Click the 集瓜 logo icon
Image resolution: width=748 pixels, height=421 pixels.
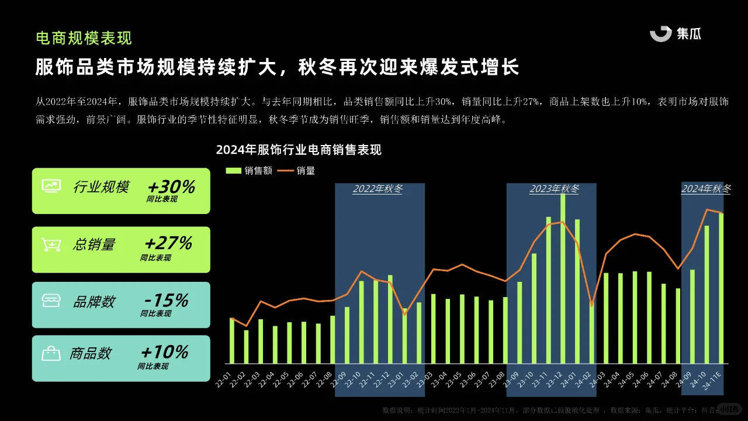pos(661,34)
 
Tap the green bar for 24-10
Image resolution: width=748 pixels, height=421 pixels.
pos(707,294)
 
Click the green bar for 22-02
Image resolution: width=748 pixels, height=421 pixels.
pos(246,347)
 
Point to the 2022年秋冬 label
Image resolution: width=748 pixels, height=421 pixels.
pos(378,189)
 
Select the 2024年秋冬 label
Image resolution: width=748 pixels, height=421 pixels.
pos(706,189)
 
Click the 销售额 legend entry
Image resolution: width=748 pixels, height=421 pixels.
pos(250,171)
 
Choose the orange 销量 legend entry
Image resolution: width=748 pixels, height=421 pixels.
pos(296,171)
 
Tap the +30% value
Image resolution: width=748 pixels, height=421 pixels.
pos(171,187)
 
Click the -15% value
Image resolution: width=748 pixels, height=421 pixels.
pos(166,301)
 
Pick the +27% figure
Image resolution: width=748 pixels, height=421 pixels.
pos(168,243)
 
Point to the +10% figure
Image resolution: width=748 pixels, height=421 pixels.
pos(165,352)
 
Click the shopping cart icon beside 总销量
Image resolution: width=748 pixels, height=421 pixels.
pos(51,244)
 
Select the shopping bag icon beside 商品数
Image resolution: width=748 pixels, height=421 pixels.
pos(51,353)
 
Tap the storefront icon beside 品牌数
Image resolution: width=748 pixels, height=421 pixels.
pos(51,301)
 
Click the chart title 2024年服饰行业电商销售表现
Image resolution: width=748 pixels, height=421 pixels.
pos(299,150)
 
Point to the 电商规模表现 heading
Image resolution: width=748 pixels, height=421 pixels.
pos(84,38)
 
